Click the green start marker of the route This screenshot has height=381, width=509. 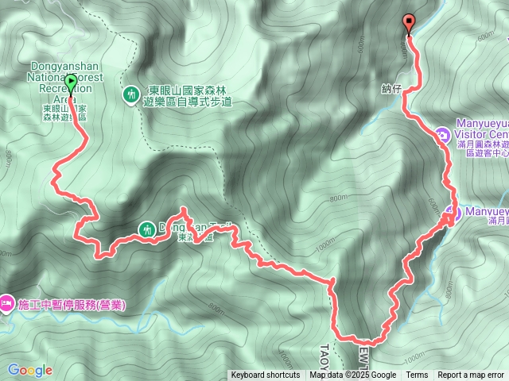(x=71, y=82)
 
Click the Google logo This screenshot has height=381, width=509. (x=30, y=370)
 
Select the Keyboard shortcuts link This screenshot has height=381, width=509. (x=266, y=375)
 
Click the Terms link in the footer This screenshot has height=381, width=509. (x=417, y=375)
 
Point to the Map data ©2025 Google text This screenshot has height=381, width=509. (x=353, y=375)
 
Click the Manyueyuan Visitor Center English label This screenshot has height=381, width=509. (x=482, y=129)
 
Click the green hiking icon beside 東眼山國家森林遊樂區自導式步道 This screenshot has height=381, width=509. (x=132, y=94)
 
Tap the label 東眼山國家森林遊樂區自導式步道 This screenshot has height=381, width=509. (x=190, y=97)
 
